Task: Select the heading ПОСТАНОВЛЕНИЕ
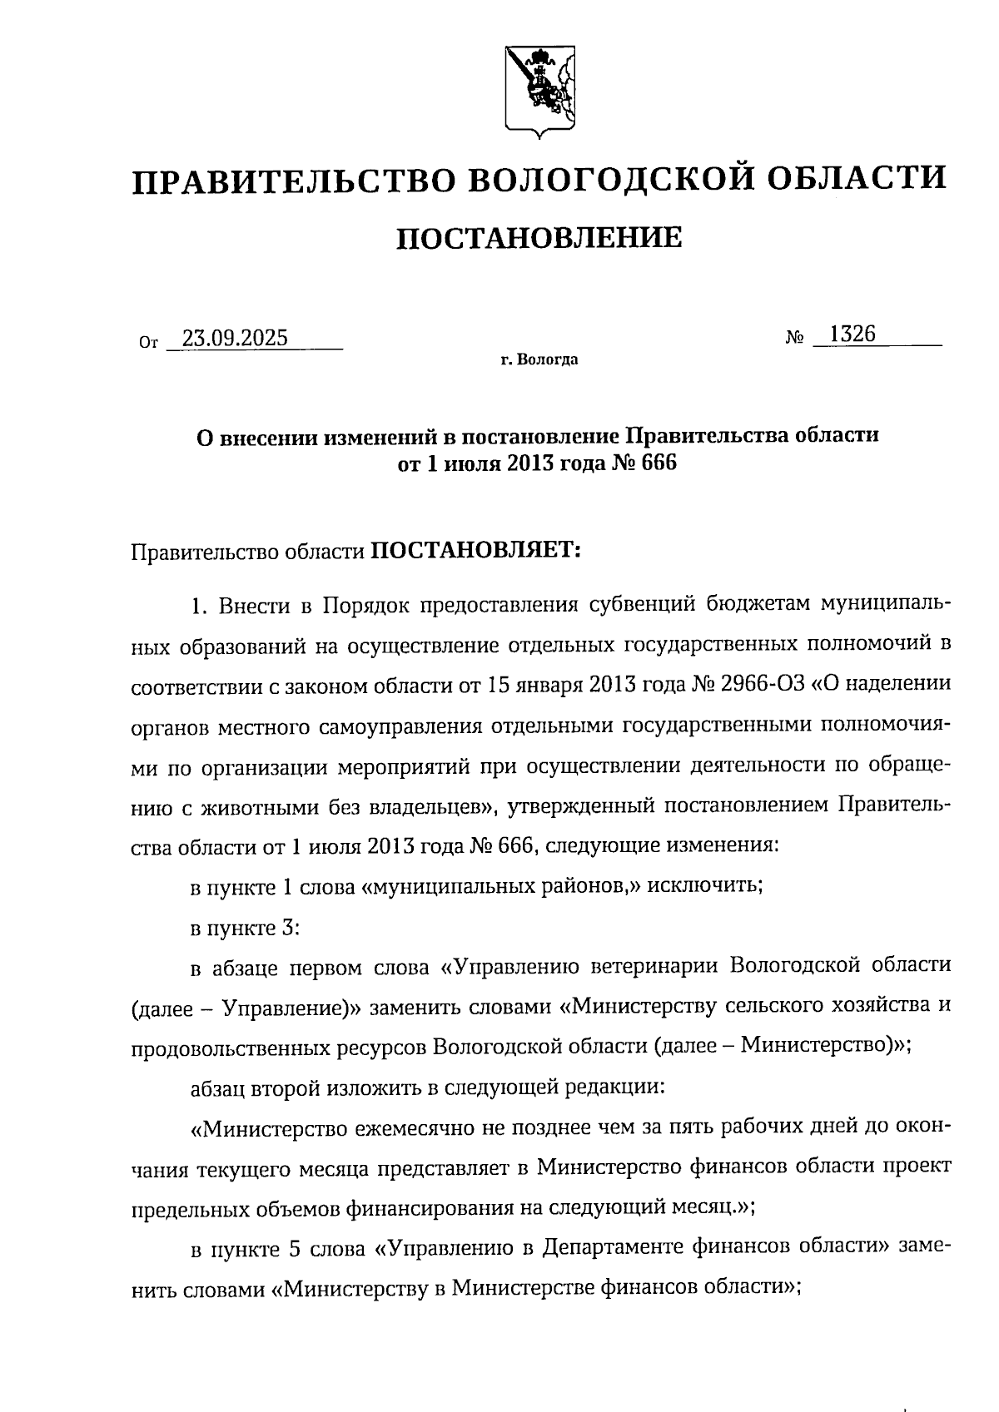(x=539, y=239)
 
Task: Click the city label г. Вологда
(x=539, y=360)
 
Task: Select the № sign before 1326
(x=794, y=339)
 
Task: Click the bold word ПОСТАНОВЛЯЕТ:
(x=475, y=551)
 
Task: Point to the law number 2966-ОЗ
(x=763, y=684)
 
